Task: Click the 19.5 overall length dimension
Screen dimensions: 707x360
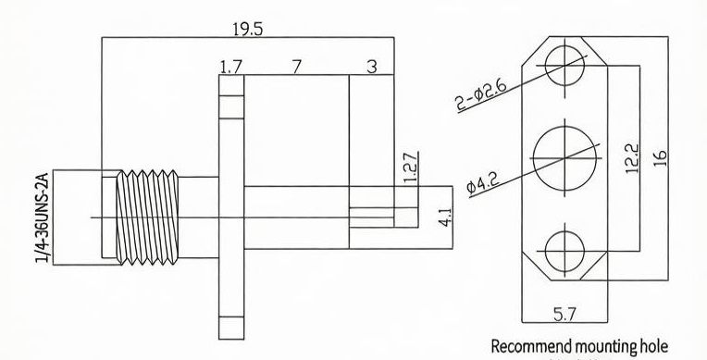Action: (x=247, y=30)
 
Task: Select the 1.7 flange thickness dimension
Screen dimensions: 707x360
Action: (x=231, y=68)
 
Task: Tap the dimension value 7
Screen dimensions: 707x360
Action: (x=296, y=67)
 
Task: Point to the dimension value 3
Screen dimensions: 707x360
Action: (x=371, y=67)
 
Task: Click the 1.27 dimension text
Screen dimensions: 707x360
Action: (x=410, y=168)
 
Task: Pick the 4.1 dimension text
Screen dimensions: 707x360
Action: (x=445, y=216)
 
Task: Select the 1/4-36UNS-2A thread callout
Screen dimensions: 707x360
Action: (x=42, y=217)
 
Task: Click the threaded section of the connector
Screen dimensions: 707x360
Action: (x=147, y=217)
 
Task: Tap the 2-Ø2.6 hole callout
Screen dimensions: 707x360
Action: (x=481, y=94)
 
